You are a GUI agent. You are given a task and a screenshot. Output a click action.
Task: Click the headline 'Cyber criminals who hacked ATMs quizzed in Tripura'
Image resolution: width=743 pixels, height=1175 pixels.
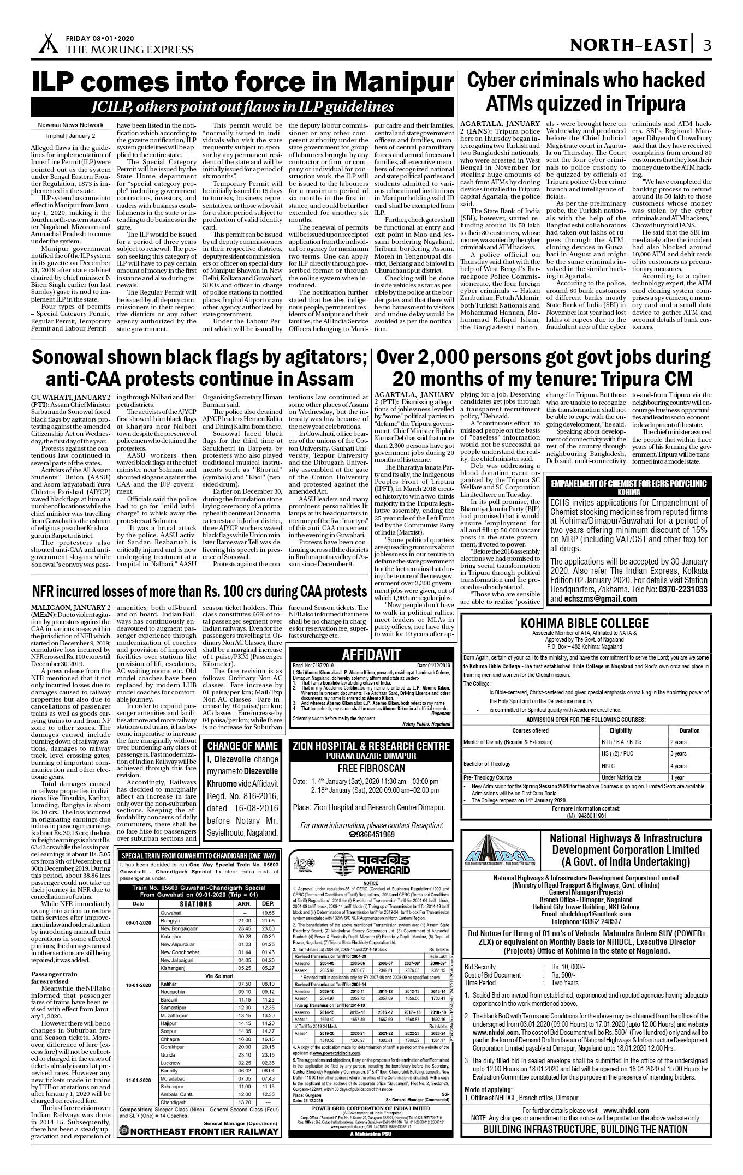coord(586,91)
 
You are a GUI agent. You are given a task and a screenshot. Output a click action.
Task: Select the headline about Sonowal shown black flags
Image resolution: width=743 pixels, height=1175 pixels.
coord(199,367)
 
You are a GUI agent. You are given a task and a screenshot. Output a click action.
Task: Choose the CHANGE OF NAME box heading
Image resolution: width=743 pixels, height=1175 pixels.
coord(242,746)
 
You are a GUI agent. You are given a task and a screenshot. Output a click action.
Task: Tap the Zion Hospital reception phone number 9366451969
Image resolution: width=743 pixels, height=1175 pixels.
coord(374,834)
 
